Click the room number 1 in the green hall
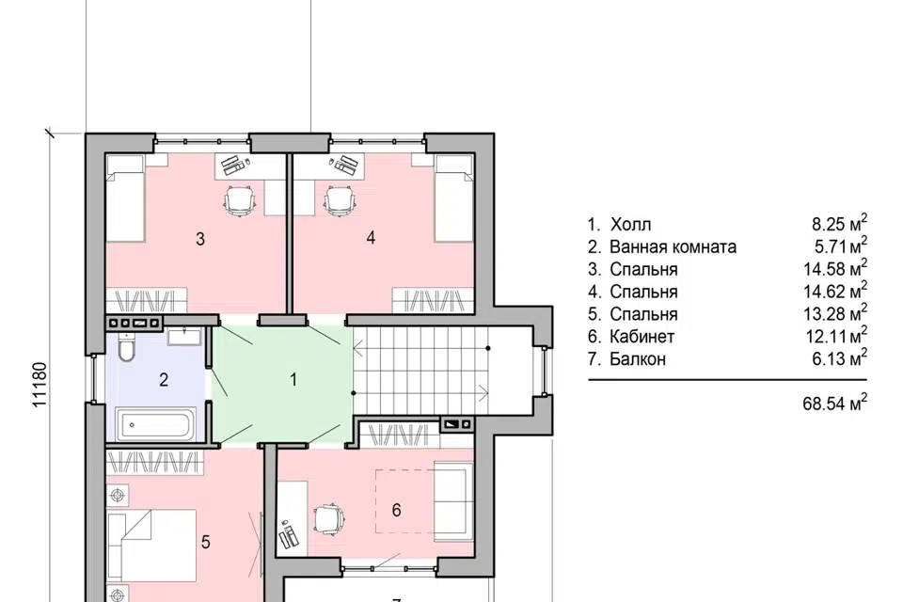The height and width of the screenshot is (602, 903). pyautogui.click(x=293, y=380)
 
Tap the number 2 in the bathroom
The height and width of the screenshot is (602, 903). pyautogui.click(x=164, y=380)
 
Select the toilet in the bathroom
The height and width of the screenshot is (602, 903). pyautogui.click(x=125, y=347)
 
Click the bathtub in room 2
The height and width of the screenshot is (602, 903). pyautogui.click(x=157, y=424)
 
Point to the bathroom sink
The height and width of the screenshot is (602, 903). pyautogui.click(x=184, y=336)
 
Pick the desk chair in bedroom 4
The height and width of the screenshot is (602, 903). pyautogui.click(x=341, y=200)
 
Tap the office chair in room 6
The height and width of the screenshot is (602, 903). pyautogui.click(x=330, y=520)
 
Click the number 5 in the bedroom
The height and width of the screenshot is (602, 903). pyautogui.click(x=206, y=542)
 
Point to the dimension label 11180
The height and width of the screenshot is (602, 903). pyautogui.click(x=39, y=385)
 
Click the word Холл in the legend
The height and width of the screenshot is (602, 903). pyautogui.click(x=630, y=225)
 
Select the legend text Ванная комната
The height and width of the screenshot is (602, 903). pyautogui.click(x=673, y=247)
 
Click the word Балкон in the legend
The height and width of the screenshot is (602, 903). pyautogui.click(x=638, y=359)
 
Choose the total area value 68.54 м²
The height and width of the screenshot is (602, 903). pyautogui.click(x=835, y=403)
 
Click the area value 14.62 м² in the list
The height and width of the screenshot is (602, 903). pyautogui.click(x=835, y=291)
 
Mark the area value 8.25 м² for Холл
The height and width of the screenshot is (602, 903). pyautogui.click(x=840, y=224)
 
